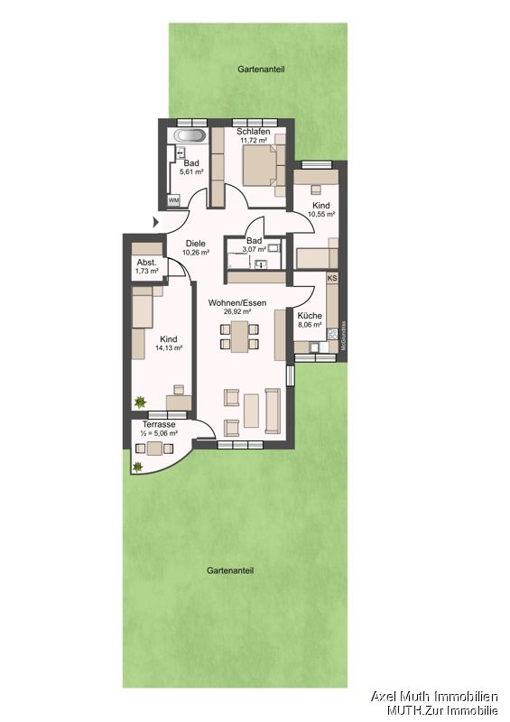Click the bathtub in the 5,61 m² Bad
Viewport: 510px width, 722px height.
coord(191,136)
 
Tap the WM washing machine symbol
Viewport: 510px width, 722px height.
coord(173,199)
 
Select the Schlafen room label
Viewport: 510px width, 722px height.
coord(255,132)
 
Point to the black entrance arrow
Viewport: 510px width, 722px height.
coord(157,223)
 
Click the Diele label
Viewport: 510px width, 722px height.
coord(196,243)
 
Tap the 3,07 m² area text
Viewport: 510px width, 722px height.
coord(255,251)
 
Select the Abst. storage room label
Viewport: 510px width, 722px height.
coord(145,262)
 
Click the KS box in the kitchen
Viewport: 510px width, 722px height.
coord(332,279)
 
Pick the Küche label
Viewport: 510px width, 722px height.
coord(310,316)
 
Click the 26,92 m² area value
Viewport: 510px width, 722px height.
coord(237,313)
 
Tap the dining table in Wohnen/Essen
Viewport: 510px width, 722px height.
coord(239,339)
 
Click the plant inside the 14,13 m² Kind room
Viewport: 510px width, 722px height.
coord(141,402)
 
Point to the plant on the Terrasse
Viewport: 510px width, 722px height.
coord(138,467)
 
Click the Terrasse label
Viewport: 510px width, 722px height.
coord(159,423)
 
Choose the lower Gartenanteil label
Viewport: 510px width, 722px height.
coord(229,570)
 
